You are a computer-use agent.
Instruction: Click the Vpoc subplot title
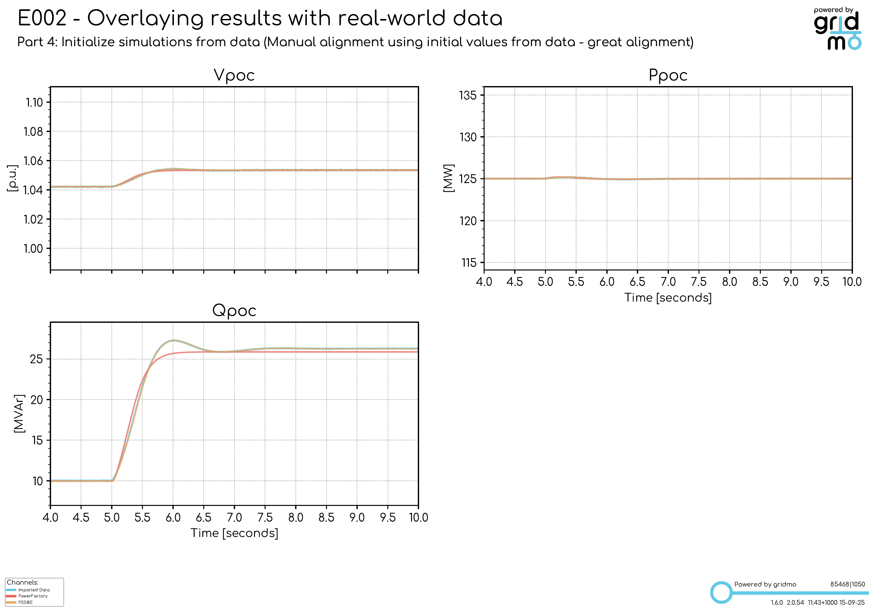pos(234,75)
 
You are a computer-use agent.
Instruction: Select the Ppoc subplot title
pos(668,75)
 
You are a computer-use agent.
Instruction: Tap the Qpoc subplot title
pos(234,311)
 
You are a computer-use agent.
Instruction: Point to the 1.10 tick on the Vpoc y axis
pos(34,102)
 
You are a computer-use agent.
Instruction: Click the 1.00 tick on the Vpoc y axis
pos(33,249)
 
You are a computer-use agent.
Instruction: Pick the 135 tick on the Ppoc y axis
pos(468,95)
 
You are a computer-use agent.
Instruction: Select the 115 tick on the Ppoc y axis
pos(469,263)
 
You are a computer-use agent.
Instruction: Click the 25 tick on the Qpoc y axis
pos(36,359)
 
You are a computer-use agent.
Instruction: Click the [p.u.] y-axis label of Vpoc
pos(12,178)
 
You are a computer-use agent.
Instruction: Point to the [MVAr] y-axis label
pos(19,413)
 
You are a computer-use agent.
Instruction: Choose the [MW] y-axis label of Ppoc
pos(449,178)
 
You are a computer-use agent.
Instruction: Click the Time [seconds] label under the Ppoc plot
pos(668,297)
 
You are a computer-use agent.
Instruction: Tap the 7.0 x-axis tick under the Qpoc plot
pos(234,517)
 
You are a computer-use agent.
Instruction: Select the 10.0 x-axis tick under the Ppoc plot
pos(852,282)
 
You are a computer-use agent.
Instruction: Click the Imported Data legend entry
pos(34,590)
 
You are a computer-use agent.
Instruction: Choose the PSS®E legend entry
pos(25,602)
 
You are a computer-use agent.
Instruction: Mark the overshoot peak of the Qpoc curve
pos(173,340)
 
